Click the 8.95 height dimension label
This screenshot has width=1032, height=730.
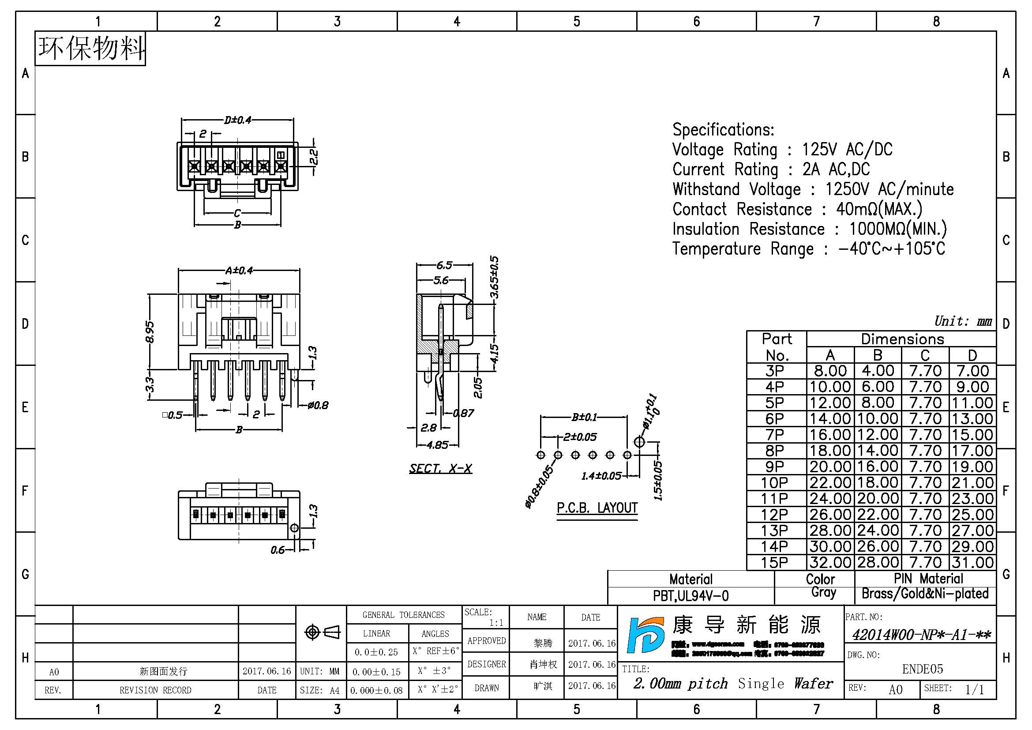[150, 332]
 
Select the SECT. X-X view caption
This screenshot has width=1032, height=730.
[440, 469]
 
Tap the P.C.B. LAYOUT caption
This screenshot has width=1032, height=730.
[597, 508]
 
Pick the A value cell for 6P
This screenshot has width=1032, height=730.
[830, 419]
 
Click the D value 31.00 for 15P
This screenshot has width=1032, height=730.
[972, 563]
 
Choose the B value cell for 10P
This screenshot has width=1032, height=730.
[878, 483]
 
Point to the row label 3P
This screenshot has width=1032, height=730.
[775, 371]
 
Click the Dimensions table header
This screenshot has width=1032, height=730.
[902, 339]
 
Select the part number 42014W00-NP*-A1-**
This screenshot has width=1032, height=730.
[921, 635]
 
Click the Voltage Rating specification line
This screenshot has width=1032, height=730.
[782, 150]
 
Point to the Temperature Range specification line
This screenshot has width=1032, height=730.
[808, 248]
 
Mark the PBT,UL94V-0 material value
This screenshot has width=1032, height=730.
[691, 596]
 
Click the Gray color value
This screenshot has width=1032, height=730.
[823, 592]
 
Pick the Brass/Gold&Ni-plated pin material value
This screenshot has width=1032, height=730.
[925, 594]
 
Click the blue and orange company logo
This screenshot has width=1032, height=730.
[645, 635]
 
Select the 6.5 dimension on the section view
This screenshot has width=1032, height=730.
[444, 265]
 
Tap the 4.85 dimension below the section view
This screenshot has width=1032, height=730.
[437, 445]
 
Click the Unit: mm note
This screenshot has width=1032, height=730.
[963, 321]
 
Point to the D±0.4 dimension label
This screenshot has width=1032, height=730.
[238, 120]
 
